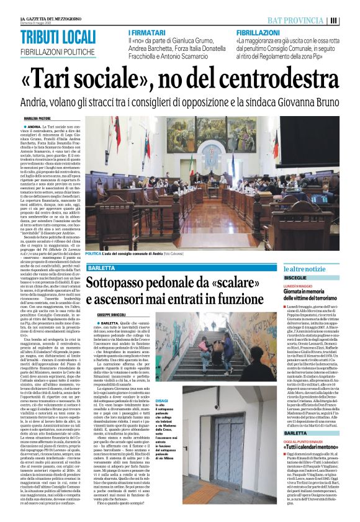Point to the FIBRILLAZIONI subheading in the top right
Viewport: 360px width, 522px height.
click(258, 30)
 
